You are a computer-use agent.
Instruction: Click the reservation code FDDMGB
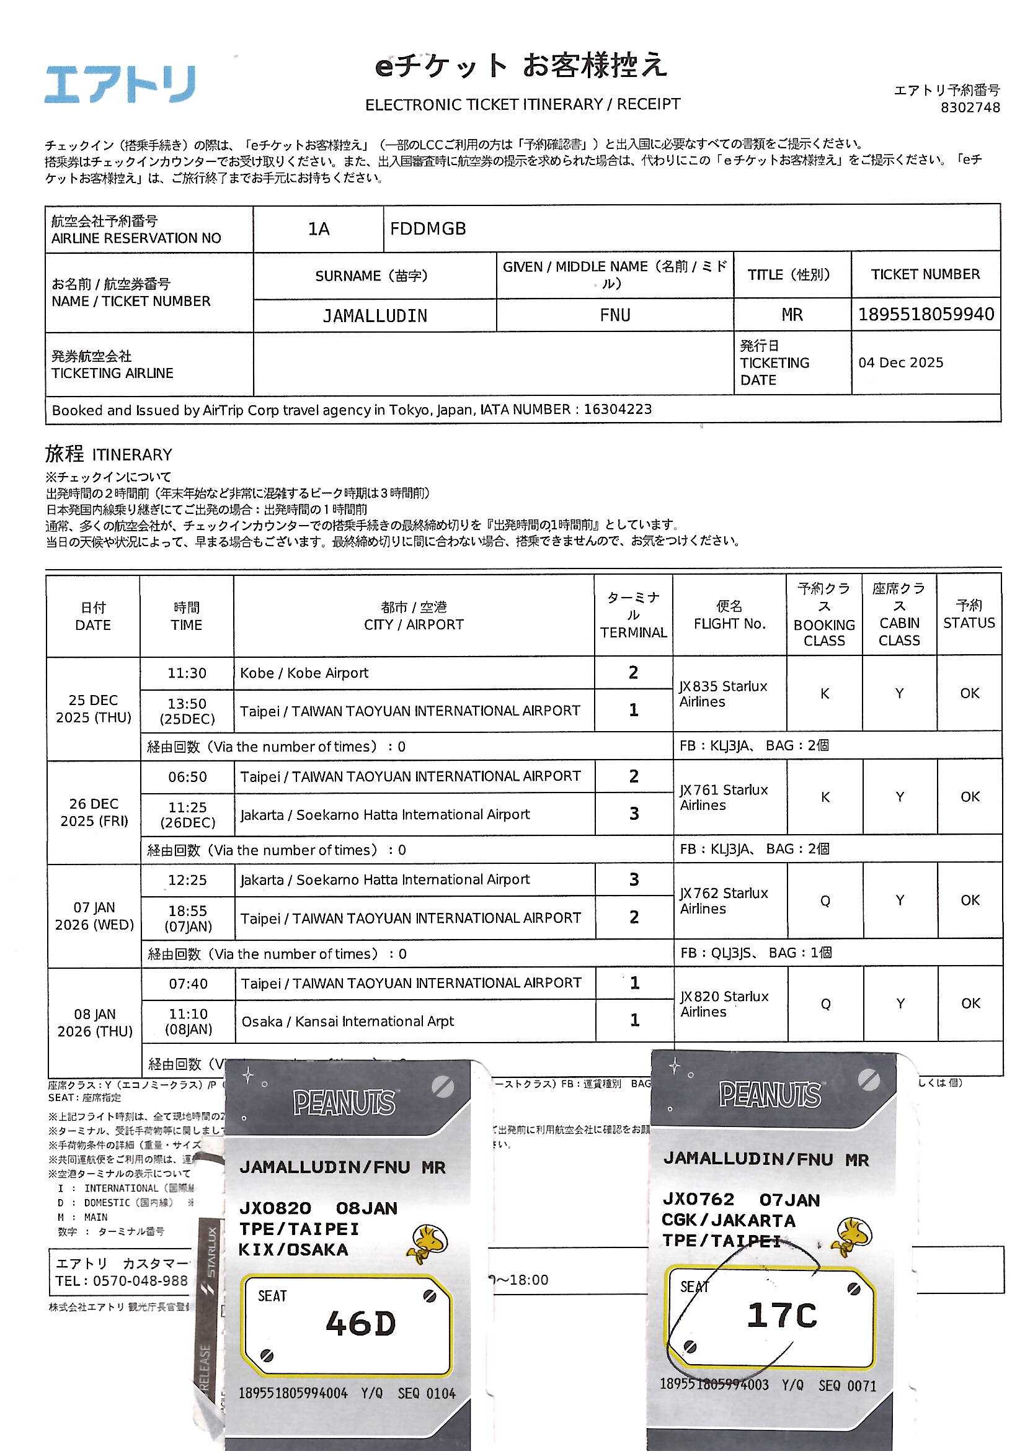428,228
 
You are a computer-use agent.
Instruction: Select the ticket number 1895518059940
926,314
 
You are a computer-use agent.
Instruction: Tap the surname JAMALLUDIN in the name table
375,315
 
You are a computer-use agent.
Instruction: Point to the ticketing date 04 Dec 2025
900,362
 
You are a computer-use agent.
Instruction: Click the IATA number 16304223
617,410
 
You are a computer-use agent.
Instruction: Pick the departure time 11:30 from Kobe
186,673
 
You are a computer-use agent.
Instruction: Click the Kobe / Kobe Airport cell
304,673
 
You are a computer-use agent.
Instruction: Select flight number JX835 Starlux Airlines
723,693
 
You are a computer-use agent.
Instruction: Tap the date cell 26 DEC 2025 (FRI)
94,812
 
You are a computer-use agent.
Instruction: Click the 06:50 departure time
187,776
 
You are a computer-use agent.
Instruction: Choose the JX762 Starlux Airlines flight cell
724,901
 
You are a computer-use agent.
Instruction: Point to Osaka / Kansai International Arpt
347,1022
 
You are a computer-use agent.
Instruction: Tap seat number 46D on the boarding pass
360,1323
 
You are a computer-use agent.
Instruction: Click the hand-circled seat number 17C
781,1315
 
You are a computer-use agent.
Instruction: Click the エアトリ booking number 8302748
970,107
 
